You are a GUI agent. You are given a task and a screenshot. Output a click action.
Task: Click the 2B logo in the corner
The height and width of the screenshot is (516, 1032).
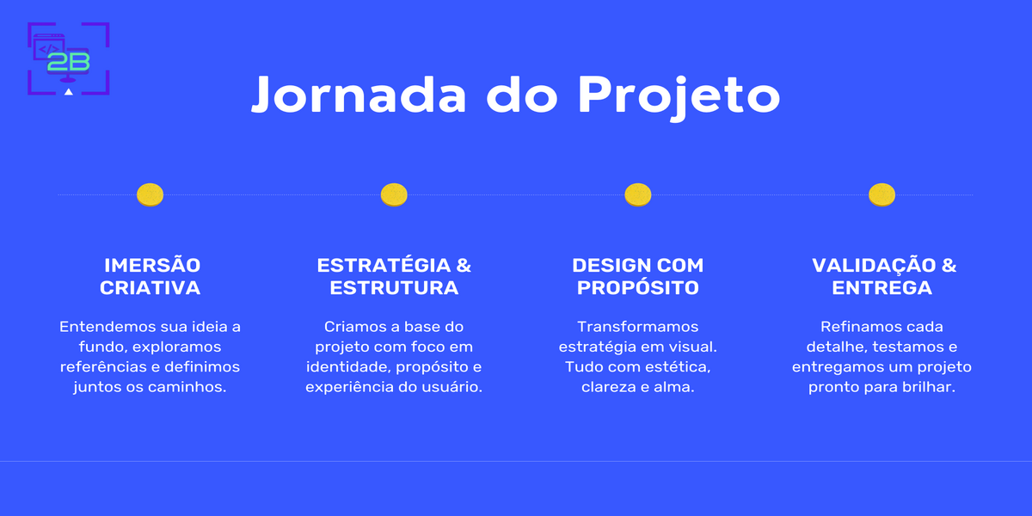point(69,58)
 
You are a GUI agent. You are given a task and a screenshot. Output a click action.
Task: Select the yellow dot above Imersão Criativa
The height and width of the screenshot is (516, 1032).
point(150,195)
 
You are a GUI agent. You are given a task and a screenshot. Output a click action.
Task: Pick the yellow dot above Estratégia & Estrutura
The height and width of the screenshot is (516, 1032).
point(394,195)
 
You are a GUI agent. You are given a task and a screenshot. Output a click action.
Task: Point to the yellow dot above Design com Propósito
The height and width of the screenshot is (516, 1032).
point(637,195)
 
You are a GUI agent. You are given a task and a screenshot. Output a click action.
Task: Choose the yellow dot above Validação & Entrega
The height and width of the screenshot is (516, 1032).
point(881,195)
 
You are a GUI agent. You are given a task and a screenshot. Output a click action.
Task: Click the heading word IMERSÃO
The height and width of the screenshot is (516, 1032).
point(151,265)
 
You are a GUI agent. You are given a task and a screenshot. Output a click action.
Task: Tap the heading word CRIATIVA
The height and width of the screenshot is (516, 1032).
point(150,288)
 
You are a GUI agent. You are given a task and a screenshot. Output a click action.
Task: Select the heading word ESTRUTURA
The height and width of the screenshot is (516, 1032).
point(394,288)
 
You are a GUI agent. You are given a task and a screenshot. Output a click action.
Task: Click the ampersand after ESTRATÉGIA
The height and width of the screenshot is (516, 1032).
point(463,265)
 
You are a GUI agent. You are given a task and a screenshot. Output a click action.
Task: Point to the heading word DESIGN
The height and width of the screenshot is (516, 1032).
point(611,265)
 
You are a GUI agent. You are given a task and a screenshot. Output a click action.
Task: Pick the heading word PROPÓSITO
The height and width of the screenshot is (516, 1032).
point(637,288)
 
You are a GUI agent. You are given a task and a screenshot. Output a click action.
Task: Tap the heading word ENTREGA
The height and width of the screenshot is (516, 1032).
point(881,288)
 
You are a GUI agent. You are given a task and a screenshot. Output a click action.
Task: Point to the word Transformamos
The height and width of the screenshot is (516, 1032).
point(637,328)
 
